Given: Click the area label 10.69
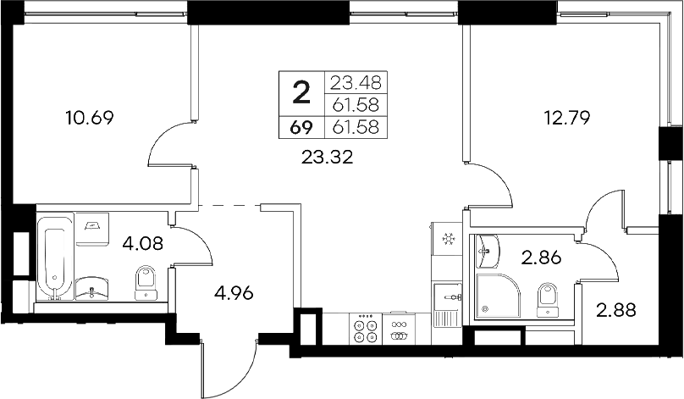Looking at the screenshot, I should pyautogui.click(x=89, y=117).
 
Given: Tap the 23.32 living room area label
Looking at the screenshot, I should pyautogui.click(x=327, y=155).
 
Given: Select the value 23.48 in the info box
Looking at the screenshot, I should pyautogui.click(x=357, y=83).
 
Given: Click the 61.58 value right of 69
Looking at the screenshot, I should pyautogui.click(x=357, y=128).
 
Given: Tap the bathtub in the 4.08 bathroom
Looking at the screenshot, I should pyautogui.click(x=53, y=259).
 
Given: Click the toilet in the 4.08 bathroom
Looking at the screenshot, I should pyautogui.click(x=146, y=283).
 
